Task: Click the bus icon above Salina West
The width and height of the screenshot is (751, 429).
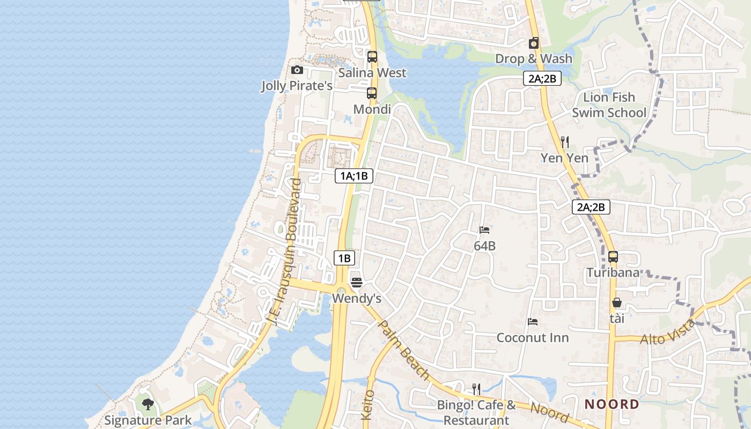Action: (x=372, y=57)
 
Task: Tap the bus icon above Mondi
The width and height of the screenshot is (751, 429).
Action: (x=372, y=93)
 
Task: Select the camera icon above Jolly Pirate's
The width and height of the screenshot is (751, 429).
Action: (x=297, y=70)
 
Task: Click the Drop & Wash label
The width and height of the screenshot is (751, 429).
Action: (x=533, y=58)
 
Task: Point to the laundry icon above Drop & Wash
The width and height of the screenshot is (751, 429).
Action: (x=533, y=43)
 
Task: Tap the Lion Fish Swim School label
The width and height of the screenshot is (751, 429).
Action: (x=609, y=105)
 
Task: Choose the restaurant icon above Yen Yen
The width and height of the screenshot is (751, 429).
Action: (x=564, y=142)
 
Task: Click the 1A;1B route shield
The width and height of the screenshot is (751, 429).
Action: (x=354, y=176)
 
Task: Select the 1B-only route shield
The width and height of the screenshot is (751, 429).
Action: (x=344, y=258)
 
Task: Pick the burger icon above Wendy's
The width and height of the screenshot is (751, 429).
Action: (x=357, y=282)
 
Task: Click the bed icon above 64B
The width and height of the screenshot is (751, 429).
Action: (x=484, y=230)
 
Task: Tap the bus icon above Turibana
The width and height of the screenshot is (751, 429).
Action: (x=613, y=257)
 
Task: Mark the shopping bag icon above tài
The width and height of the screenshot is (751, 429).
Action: (x=617, y=302)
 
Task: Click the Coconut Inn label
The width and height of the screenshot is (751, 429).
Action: (x=533, y=338)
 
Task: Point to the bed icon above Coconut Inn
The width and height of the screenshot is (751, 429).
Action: (x=533, y=322)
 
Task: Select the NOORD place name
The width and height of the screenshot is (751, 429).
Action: (x=612, y=404)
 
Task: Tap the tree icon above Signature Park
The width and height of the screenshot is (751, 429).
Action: (x=148, y=404)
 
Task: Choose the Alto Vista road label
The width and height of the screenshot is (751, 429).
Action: (x=668, y=332)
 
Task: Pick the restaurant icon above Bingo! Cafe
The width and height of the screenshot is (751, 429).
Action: (x=476, y=389)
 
